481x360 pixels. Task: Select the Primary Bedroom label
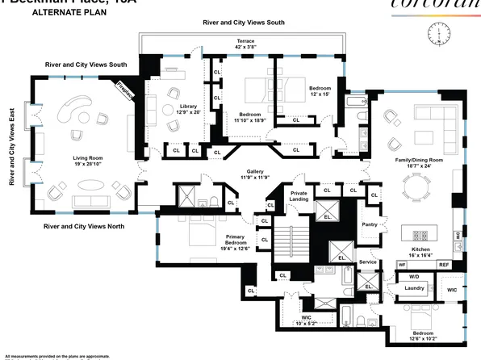click(235, 242)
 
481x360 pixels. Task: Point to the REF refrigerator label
click(444, 265)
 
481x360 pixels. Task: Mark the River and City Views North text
click(84, 227)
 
